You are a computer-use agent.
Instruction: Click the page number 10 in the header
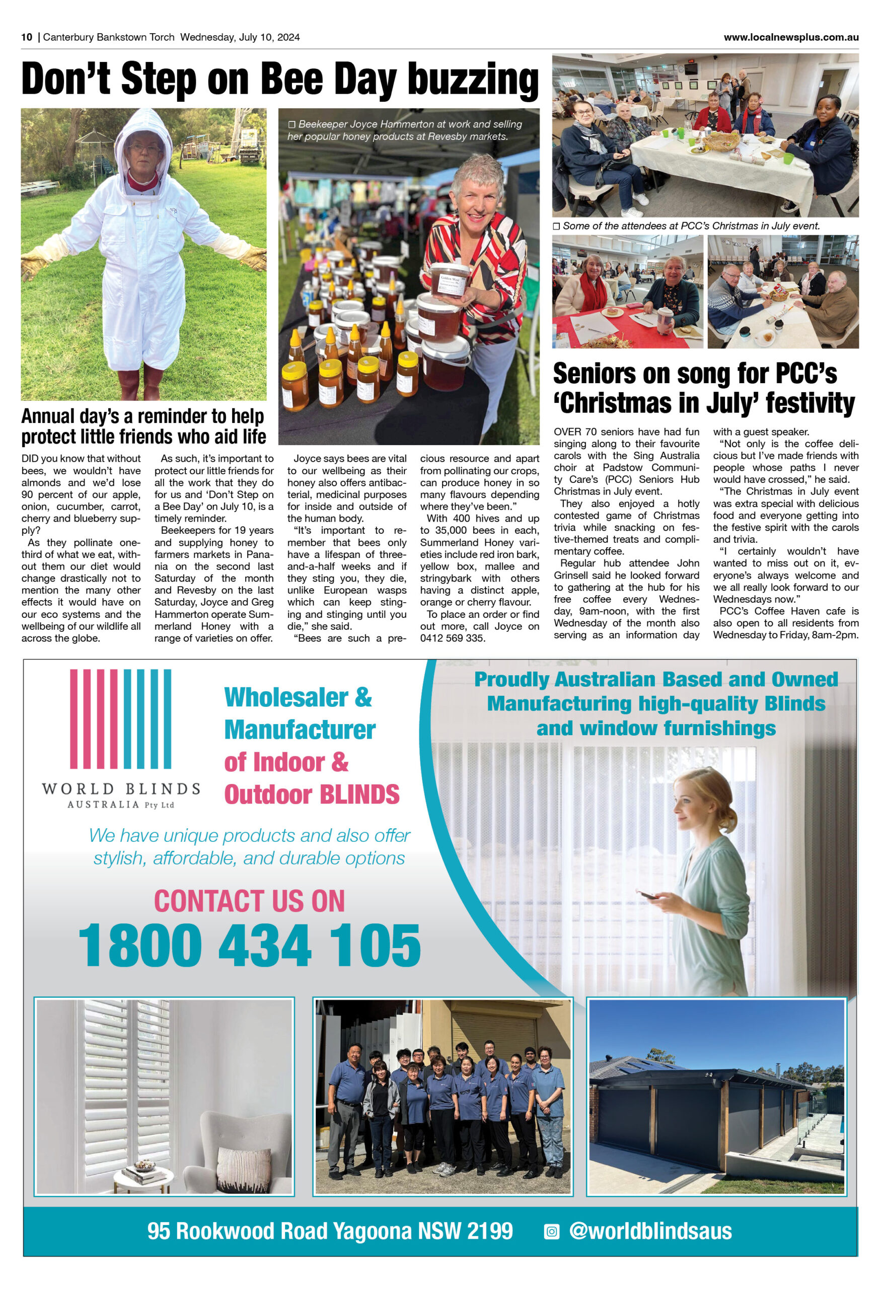click(x=27, y=37)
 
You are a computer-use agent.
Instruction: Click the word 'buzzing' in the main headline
click(x=472, y=80)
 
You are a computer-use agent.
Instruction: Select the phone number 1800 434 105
click(x=249, y=945)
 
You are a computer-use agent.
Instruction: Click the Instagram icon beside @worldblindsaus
click(x=551, y=1231)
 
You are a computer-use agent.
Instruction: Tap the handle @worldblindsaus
click(x=650, y=1231)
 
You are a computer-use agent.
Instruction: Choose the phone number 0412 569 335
click(x=453, y=638)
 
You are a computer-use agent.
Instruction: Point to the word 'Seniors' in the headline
click(x=594, y=373)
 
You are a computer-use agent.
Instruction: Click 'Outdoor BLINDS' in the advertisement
click(x=312, y=794)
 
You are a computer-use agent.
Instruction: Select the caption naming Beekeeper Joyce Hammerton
click(x=404, y=130)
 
